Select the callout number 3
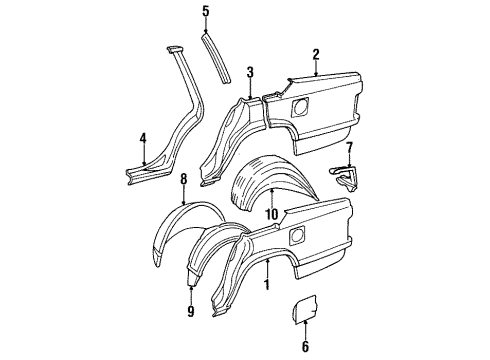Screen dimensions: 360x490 (x=251, y=72)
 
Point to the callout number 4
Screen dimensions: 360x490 (x=143, y=138)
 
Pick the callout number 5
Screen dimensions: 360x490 (x=206, y=12)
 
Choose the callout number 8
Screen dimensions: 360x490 (x=184, y=178)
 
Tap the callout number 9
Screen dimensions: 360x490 (x=191, y=311)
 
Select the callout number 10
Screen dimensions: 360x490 (x=271, y=214)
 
